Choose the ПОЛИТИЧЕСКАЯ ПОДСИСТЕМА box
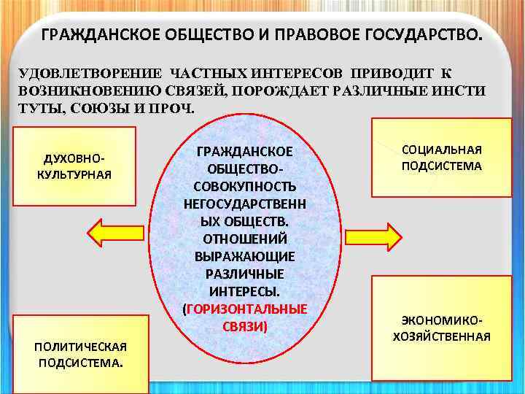[x=80, y=353]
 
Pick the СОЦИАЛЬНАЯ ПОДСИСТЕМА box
[x=441, y=158]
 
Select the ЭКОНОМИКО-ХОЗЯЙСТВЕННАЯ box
[x=441, y=328]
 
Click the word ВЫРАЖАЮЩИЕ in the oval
[x=244, y=256]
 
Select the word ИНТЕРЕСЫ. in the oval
[x=244, y=291]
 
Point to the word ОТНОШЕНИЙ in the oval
[x=244, y=239]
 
